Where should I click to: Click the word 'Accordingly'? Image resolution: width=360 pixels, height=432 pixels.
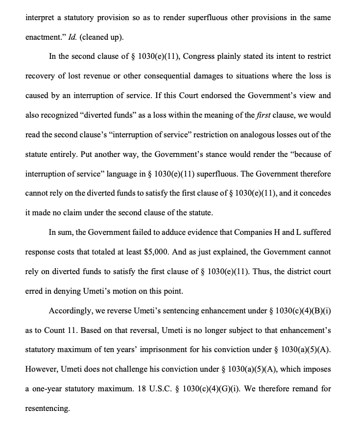(x=70, y=310)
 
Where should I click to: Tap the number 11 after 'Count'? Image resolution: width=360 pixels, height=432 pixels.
(x=72, y=330)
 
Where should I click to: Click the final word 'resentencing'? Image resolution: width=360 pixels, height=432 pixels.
(x=47, y=408)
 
